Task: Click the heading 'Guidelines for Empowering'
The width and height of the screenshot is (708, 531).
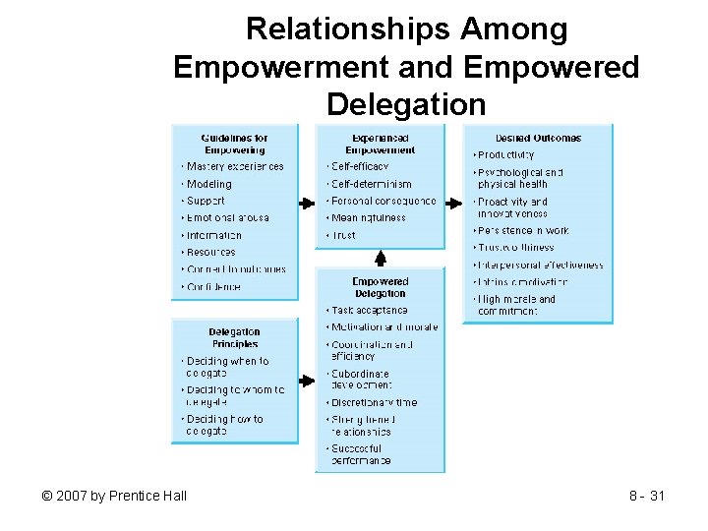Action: point(235,144)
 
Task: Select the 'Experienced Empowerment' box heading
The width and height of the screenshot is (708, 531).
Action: point(380,144)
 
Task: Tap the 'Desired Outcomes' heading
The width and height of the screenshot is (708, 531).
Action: point(538,138)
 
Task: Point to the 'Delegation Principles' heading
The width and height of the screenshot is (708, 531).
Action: point(235,338)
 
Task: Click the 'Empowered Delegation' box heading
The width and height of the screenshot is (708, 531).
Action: point(380,287)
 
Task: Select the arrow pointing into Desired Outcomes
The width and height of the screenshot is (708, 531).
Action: point(453,203)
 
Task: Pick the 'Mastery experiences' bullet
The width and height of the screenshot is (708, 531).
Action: point(235,166)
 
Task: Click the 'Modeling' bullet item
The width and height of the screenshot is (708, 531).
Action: point(209,184)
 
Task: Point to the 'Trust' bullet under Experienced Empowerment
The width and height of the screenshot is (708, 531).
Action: point(344,235)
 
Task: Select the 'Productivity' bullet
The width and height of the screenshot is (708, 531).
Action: point(506,154)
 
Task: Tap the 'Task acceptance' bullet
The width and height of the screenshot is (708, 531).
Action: point(369,310)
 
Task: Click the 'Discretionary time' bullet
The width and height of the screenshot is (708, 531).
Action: point(374,402)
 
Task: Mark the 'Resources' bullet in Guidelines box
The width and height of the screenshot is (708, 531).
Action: point(211,252)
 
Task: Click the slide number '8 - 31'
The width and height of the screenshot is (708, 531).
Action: point(647,496)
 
